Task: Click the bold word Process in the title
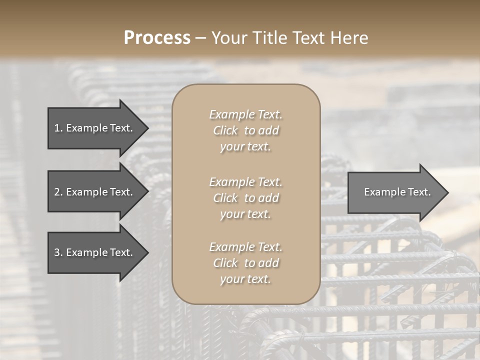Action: click(x=157, y=38)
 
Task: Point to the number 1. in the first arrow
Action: click(x=58, y=128)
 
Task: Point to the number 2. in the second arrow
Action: click(x=58, y=192)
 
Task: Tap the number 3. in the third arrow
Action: click(x=58, y=252)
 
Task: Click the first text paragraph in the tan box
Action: click(x=245, y=130)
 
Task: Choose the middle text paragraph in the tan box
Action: click(x=245, y=198)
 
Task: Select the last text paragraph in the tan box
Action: click(x=245, y=263)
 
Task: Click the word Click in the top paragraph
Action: click(x=225, y=130)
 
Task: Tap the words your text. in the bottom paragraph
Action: click(x=245, y=279)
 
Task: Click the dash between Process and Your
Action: click(x=201, y=38)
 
